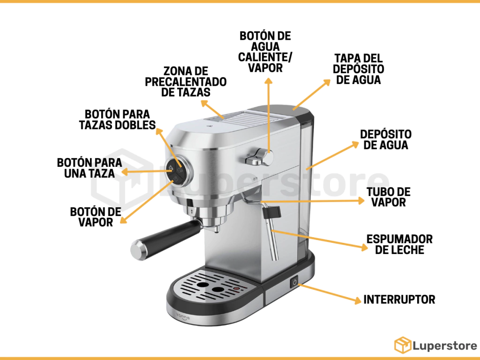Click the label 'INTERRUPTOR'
point(399,300)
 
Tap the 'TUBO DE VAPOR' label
point(389,197)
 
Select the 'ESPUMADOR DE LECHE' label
point(399,244)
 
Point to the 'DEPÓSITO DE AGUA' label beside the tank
point(386,140)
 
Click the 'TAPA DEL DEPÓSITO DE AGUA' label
point(359,69)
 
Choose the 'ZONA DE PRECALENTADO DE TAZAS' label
point(186,82)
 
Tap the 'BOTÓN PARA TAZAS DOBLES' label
point(117,120)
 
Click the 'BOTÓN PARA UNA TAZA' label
point(90,168)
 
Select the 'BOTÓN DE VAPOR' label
point(96,217)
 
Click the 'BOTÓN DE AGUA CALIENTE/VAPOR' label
point(265,52)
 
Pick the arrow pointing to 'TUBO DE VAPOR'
point(312,201)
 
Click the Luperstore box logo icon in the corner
point(403,345)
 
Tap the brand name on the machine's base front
point(183,316)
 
